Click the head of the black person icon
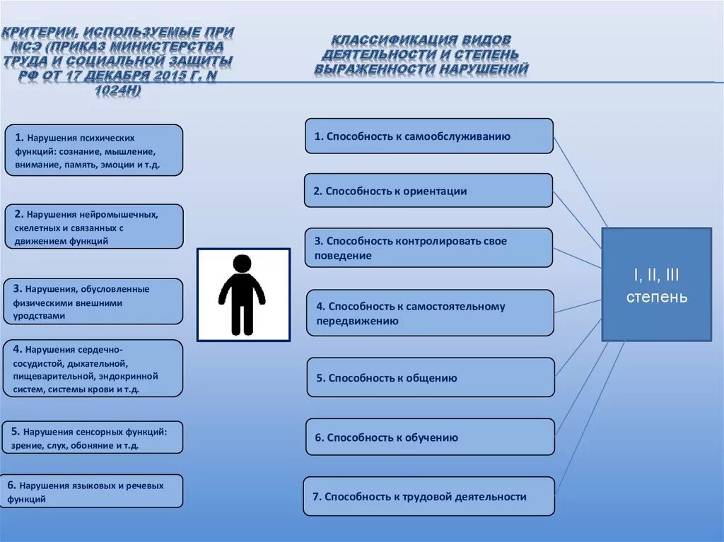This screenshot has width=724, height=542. click(x=242, y=264)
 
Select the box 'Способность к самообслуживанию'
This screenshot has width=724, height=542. click(x=428, y=136)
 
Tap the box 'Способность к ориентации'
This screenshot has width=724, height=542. click(x=428, y=191)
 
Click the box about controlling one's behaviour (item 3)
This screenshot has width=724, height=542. click(x=428, y=247)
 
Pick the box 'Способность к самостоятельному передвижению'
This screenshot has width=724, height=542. click(x=429, y=313)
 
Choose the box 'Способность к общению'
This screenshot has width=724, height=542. click(x=430, y=377)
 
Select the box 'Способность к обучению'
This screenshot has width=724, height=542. click(x=430, y=437)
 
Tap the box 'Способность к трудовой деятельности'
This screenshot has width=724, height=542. click(x=428, y=496)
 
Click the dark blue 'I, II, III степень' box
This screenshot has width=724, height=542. click(x=656, y=284)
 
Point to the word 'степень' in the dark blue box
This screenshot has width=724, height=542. click(x=656, y=297)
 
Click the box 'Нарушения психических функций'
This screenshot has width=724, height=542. click(x=93, y=151)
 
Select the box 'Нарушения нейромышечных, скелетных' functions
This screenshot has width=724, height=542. click(x=93, y=226)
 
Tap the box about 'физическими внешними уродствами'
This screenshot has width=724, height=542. click(x=93, y=301)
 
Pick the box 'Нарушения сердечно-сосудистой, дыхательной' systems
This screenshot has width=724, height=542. click(x=93, y=367)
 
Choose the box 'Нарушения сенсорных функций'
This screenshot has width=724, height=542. click(x=93, y=437)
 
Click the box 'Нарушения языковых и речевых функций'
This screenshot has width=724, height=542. click(x=93, y=491)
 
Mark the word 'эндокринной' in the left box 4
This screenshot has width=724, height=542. click(x=134, y=377)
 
